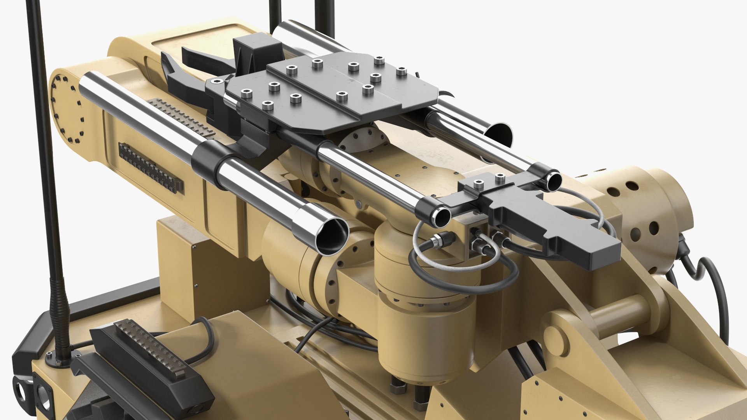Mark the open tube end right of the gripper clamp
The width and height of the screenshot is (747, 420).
(x=552, y=181)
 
